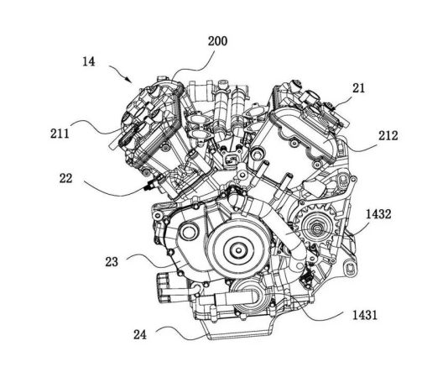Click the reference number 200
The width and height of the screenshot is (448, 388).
tap(217, 41)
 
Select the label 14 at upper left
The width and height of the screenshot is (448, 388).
tap(89, 61)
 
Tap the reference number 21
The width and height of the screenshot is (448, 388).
tap(358, 88)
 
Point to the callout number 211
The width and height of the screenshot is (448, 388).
tap(60, 134)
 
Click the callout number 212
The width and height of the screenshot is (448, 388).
tap(388, 135)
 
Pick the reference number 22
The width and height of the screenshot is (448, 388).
tap(65, 178)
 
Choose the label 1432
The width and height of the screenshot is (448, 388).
tap(378, 214)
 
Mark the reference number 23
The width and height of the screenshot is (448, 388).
tap(112, 262)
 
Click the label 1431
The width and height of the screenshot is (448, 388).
tap(365, 315)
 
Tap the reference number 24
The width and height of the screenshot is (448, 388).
tap(140, 334)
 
